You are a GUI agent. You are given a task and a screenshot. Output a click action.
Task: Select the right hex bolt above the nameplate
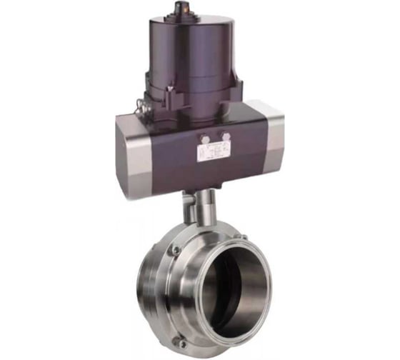(x=226, y=136)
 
